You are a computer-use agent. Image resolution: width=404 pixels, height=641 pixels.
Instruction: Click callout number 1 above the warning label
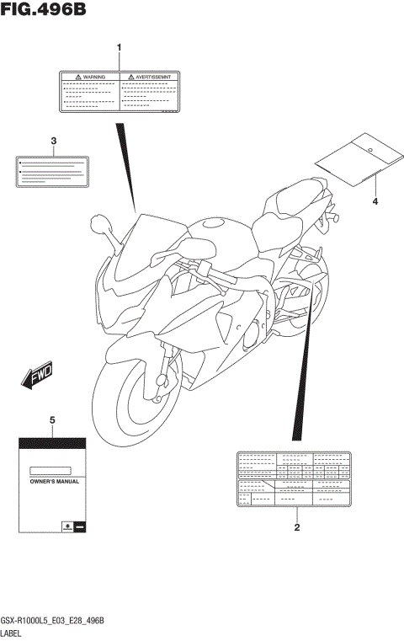coord(120,47)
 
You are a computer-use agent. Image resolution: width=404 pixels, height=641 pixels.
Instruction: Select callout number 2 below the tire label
coord(296,528)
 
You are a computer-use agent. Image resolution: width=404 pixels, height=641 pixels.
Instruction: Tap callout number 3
coord(53,141)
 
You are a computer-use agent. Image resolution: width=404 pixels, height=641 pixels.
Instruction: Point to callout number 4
coord(375,202)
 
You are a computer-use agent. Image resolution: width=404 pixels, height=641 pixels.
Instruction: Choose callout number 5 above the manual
coord(52,419)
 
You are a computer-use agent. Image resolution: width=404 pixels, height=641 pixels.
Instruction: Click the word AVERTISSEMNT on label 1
coord(153,77)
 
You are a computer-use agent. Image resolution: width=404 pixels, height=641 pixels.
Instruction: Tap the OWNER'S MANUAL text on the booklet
coord(53,482)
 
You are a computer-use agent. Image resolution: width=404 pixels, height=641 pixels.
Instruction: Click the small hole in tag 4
coord(370,147)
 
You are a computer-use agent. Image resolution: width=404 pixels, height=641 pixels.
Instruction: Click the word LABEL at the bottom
coord(12,632)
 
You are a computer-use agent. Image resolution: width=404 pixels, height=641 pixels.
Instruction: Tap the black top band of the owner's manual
coord(52,443)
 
